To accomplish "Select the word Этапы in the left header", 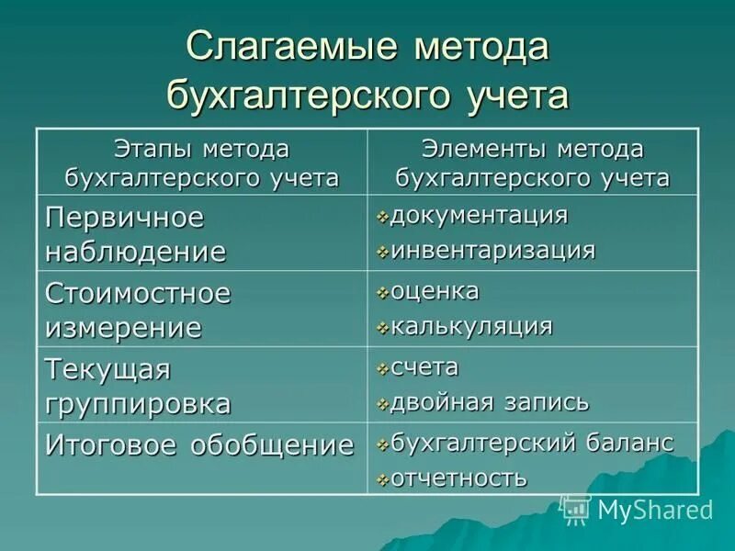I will (149, 148).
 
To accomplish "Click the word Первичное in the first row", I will (124, 219).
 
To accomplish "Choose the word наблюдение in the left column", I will (135, 251).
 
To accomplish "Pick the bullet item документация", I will (479, 216).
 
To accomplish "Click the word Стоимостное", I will (138, 295).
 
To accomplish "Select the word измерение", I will (123, 327).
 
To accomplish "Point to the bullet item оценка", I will (435, 292).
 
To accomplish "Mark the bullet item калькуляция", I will (471, 326).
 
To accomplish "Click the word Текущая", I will (108, 370).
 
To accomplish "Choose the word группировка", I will (138, 403).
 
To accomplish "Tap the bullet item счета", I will (424, 367).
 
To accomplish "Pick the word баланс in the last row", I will (628, 443).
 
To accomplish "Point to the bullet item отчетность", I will (458, 478).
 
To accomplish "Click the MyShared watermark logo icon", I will (575, 507).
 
